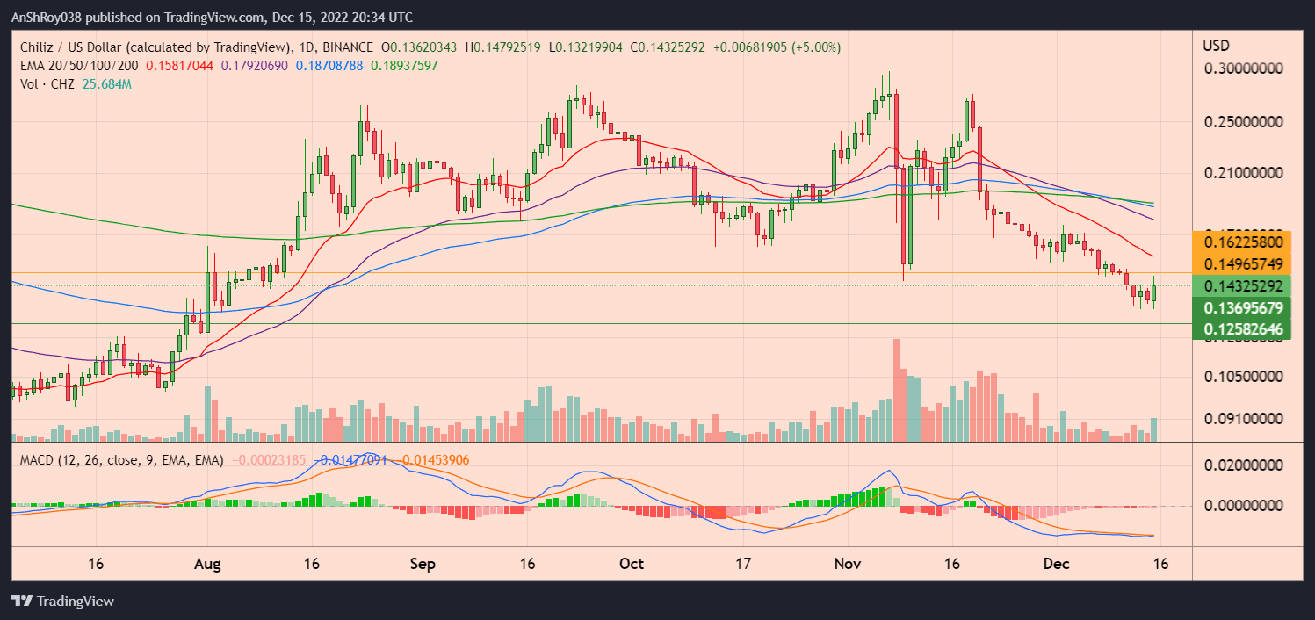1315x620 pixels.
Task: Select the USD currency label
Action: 1216,45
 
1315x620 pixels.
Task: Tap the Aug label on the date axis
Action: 207,563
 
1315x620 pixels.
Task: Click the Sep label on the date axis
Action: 423,563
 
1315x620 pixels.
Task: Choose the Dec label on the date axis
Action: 1054,563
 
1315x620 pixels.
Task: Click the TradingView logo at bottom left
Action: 63,602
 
